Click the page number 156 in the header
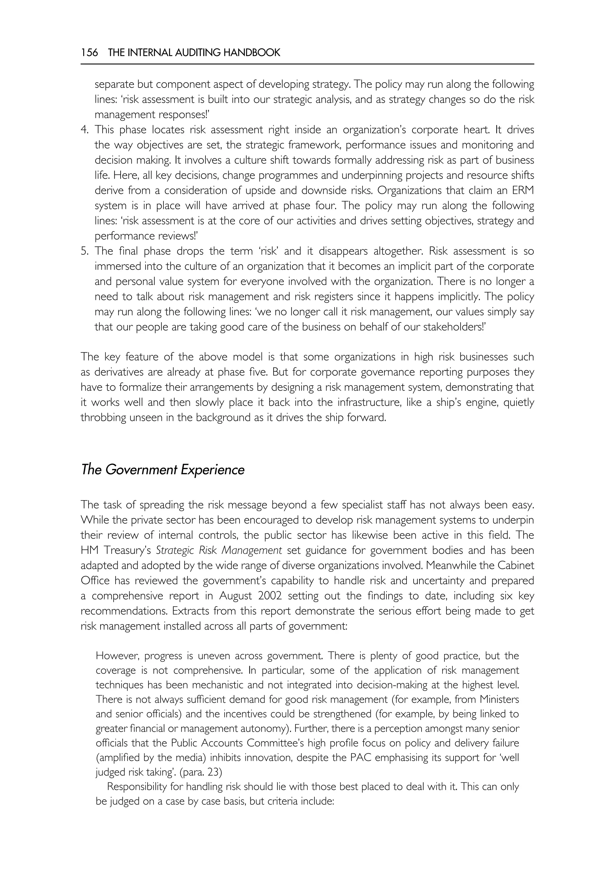tap(89, 53)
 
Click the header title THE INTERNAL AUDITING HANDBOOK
tap(194, 53)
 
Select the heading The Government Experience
tap(163, 470)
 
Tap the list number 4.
tap(85, 130)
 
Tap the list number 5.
tap(85, 251)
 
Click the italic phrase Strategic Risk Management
tap(219, 550)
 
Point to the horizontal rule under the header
tap(307, 64)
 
